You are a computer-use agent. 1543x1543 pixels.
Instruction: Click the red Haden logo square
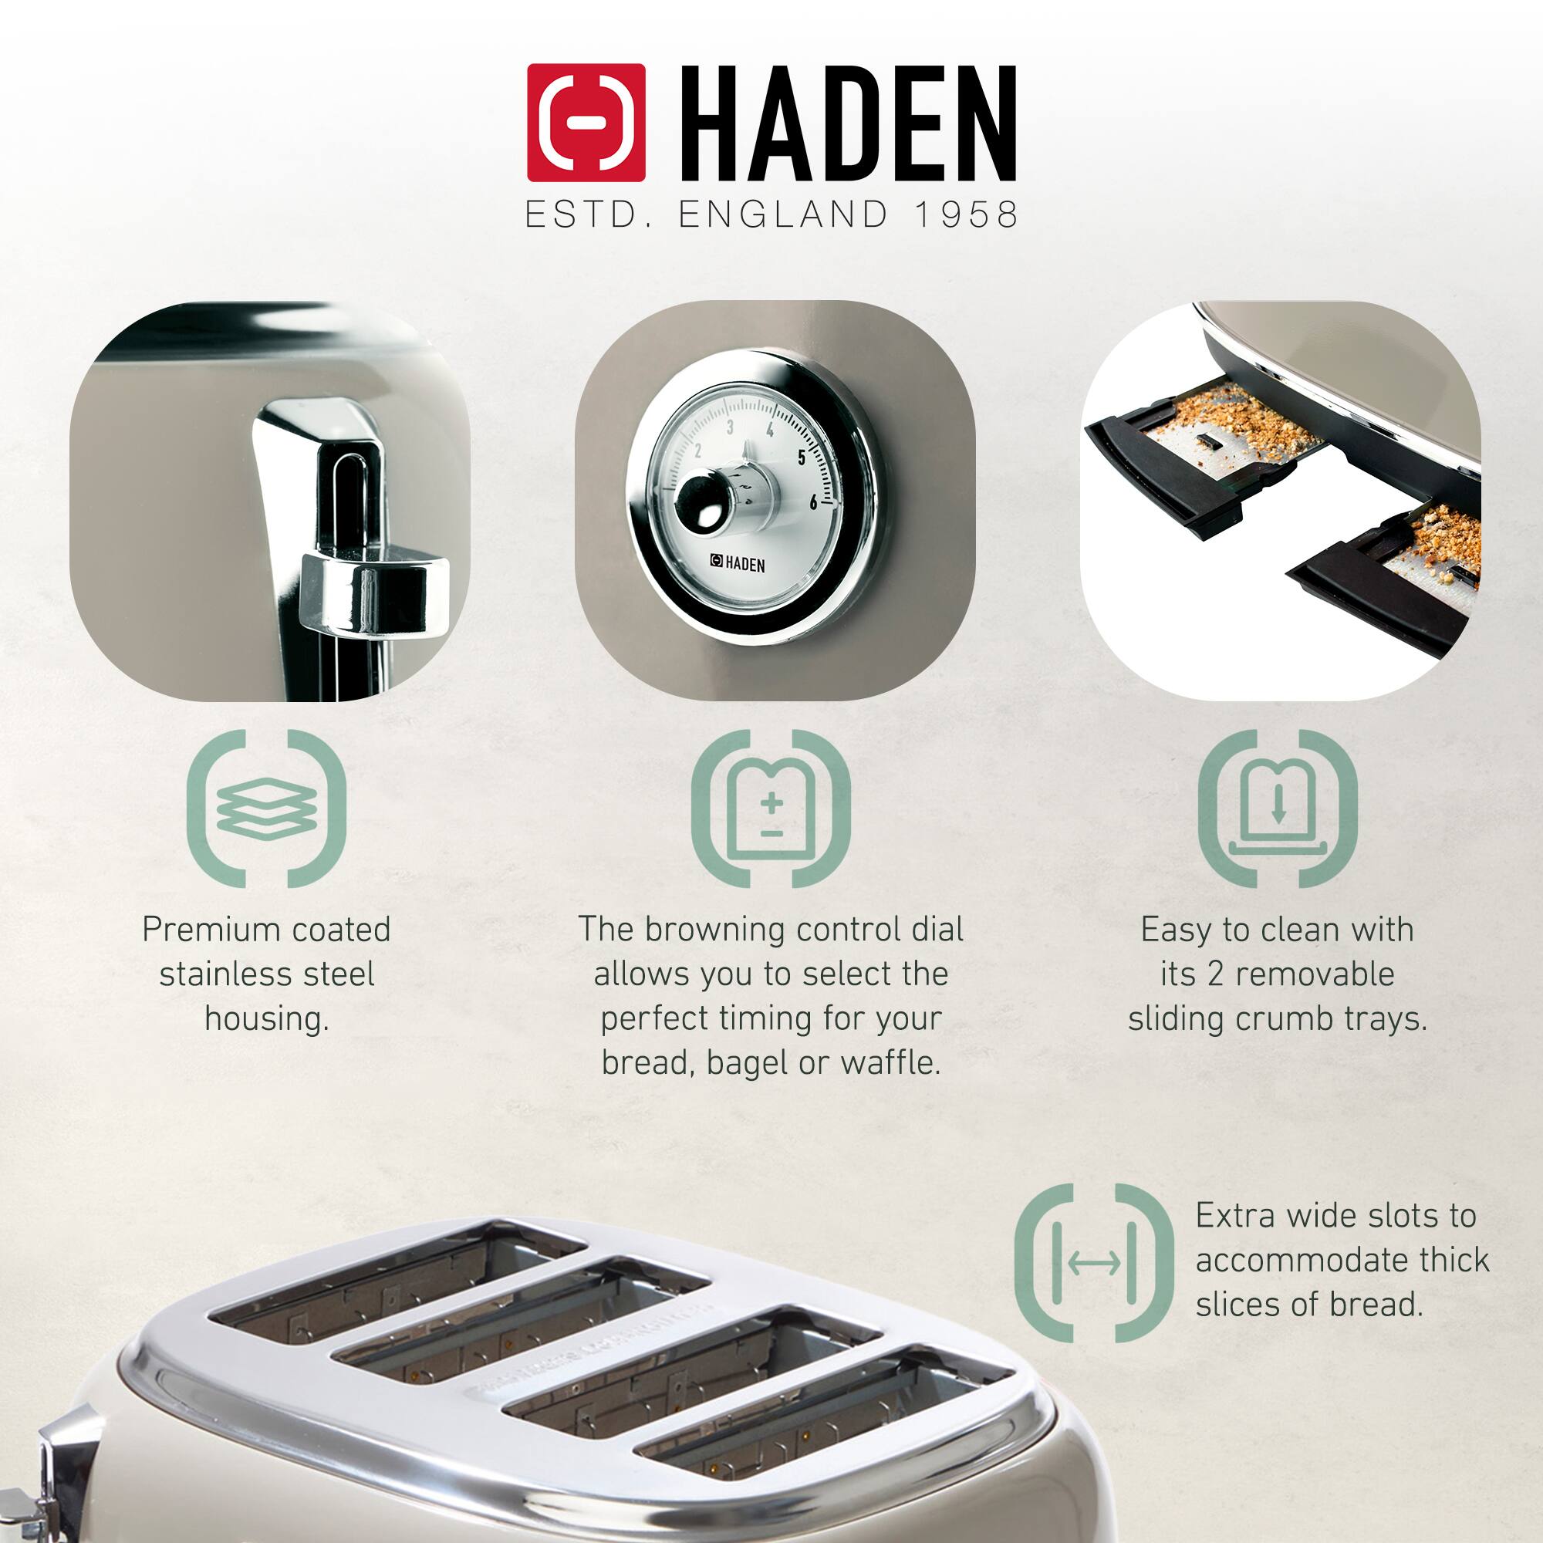(x=586, y=122)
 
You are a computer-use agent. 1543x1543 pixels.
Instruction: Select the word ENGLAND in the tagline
(x=782, y=214)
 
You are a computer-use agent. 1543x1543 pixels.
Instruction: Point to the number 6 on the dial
(x=813, y=501)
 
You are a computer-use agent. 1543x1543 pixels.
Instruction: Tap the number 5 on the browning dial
(x=802, y=457)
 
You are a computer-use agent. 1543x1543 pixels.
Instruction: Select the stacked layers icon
(x=267, y=808)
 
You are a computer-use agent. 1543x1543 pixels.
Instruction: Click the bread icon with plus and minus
(x=771, y=808)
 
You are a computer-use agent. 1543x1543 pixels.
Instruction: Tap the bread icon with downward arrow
(x=1277, y=808)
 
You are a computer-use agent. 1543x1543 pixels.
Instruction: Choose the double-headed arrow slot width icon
(x=1094, y=1264)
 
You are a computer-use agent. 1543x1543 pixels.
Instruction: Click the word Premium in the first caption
(x=210, y=930)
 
